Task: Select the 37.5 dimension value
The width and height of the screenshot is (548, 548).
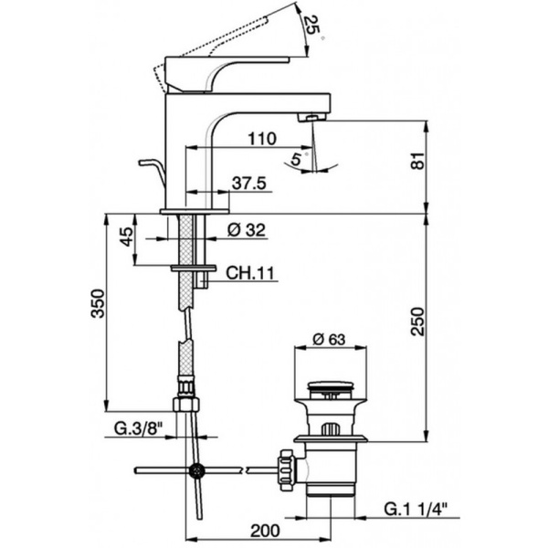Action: [248, 184]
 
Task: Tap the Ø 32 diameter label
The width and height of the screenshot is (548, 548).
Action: [245, 231]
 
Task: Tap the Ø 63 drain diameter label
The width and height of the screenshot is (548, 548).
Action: [328, 340]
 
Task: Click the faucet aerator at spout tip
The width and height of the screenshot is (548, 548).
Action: [312, 118]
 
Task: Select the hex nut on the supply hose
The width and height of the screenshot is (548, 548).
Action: [186, 405]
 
